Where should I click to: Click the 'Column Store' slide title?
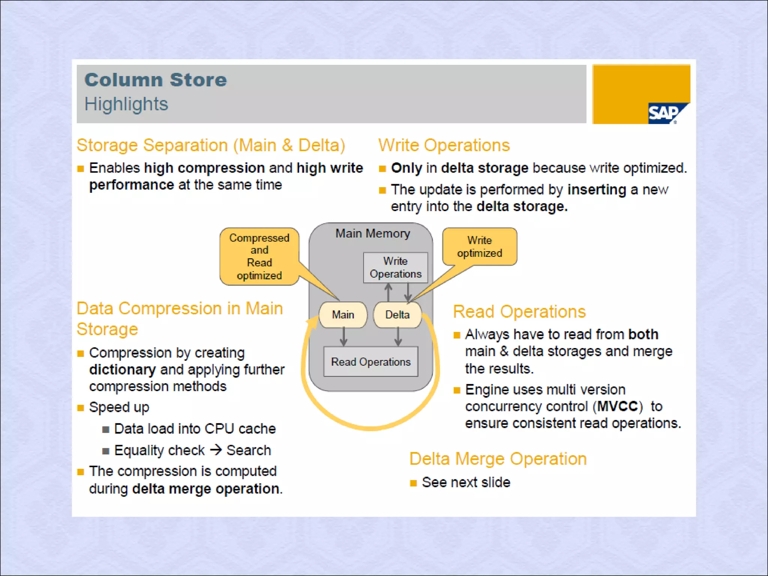(x=156, y=80)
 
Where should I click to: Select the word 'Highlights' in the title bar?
(x=126, y=104)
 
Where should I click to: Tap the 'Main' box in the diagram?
(x=343, y=315)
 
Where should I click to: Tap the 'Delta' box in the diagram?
(x=397, y=315)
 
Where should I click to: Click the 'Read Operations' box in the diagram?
(x=370, y=362)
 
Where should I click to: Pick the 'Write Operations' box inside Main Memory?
(x=396, y=267)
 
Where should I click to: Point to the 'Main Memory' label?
(x=372, y=233)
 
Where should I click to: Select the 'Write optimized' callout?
(x=479, y=247)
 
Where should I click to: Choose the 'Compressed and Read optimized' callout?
(x=259, y=256)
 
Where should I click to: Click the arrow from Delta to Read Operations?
(x=398, y=337)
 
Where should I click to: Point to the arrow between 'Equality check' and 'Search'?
(x=216, y=450)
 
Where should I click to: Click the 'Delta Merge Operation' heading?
(x=498, y=459)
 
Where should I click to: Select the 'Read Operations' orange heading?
(x=519, y=312)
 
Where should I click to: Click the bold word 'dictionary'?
(x=122, y=370)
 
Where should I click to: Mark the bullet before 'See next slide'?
(x=413, y=483)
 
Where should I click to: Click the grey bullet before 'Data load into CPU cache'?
(x=106, y=429)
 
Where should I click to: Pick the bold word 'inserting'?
(x=597, y=190)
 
